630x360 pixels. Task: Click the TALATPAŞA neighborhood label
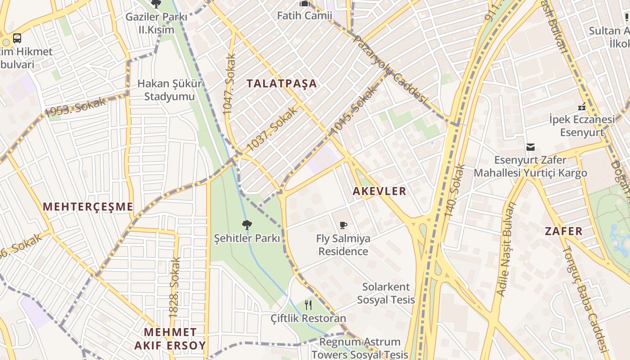click(282, 83)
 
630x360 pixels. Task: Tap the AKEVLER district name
click(379, 191)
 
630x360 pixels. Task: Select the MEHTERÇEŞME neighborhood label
click(88, 207)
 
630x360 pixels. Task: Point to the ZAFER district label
click(563, 231)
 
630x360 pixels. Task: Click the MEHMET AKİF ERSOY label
click(170, 339)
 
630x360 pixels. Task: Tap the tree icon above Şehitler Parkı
click(247, 225)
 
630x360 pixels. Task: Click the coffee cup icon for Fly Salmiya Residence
click(343, 225)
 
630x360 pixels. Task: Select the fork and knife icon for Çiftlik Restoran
click(308, 305)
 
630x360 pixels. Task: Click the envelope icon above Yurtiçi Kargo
click(531, 147)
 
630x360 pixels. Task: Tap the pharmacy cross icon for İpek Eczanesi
click(581, 107)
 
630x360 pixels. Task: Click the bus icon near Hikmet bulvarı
click(17, 38)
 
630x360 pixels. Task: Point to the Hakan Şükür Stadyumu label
click(169, 90)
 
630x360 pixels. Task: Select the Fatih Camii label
click(304, 16)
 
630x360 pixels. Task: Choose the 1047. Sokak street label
click(229, 84)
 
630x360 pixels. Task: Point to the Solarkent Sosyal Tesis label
click(386, 293)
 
